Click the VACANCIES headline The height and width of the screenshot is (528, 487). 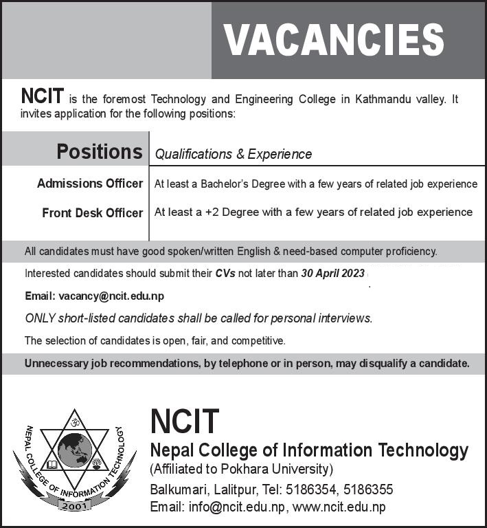click(x=335, y=39)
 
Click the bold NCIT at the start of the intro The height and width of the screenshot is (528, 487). click(x=43, y=98)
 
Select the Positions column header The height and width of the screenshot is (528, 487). click(x=100, y=151)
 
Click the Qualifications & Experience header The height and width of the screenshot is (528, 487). click(x=234, y=154)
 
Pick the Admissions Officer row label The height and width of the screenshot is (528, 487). click(x=90, y=184)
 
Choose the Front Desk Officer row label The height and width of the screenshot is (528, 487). click(x=93, y=213)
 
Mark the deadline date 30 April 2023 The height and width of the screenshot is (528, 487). click(x=332, y=273)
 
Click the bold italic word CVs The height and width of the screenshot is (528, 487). click(x=225, y=273)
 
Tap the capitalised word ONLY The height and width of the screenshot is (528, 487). click(x=41, y=318)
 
